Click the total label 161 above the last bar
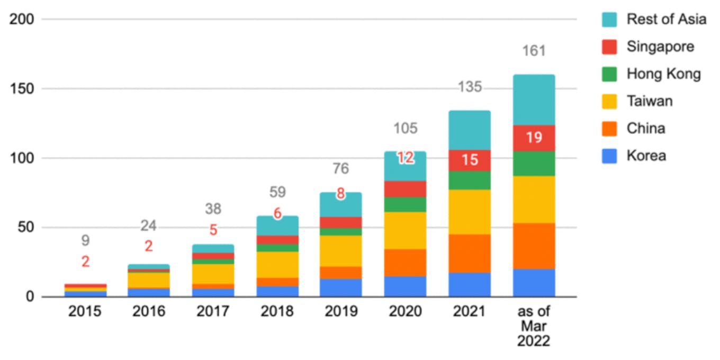[534, 51]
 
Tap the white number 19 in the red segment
[534, 138]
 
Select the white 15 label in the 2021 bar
[470, 159]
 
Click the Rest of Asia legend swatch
[610, 20]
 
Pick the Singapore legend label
[660, 47]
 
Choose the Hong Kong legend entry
[663, 74]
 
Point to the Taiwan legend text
[650, 101]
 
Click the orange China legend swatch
[610, 129]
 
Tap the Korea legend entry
[646, 156]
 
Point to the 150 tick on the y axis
[22, 89]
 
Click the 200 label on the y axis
[22, 20]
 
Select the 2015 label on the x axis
[85, 311]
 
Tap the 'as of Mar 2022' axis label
[534, 326]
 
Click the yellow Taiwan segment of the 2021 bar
[470, 212]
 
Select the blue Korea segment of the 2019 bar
[341, 287]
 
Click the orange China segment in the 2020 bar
[406, 263]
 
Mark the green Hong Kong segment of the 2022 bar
[534, 164]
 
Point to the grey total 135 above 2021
[470, 87]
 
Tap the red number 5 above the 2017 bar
[213, 230]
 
